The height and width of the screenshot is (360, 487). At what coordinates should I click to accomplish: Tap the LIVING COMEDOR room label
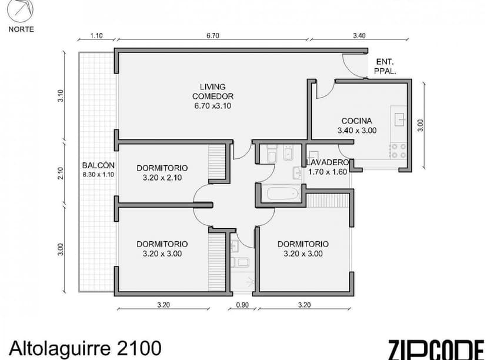213,96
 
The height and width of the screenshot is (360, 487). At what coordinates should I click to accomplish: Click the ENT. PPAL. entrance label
385,66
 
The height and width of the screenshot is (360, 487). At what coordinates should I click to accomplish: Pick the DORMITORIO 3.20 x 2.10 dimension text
162,176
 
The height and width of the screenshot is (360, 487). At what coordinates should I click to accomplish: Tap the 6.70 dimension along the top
212,35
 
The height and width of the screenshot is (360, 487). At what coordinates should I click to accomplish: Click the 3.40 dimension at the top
359,35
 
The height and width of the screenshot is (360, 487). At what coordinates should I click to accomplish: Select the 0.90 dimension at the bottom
242,305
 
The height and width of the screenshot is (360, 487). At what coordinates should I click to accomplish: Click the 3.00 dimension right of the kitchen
420,125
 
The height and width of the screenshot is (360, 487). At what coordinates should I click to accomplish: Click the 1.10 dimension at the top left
96,35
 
